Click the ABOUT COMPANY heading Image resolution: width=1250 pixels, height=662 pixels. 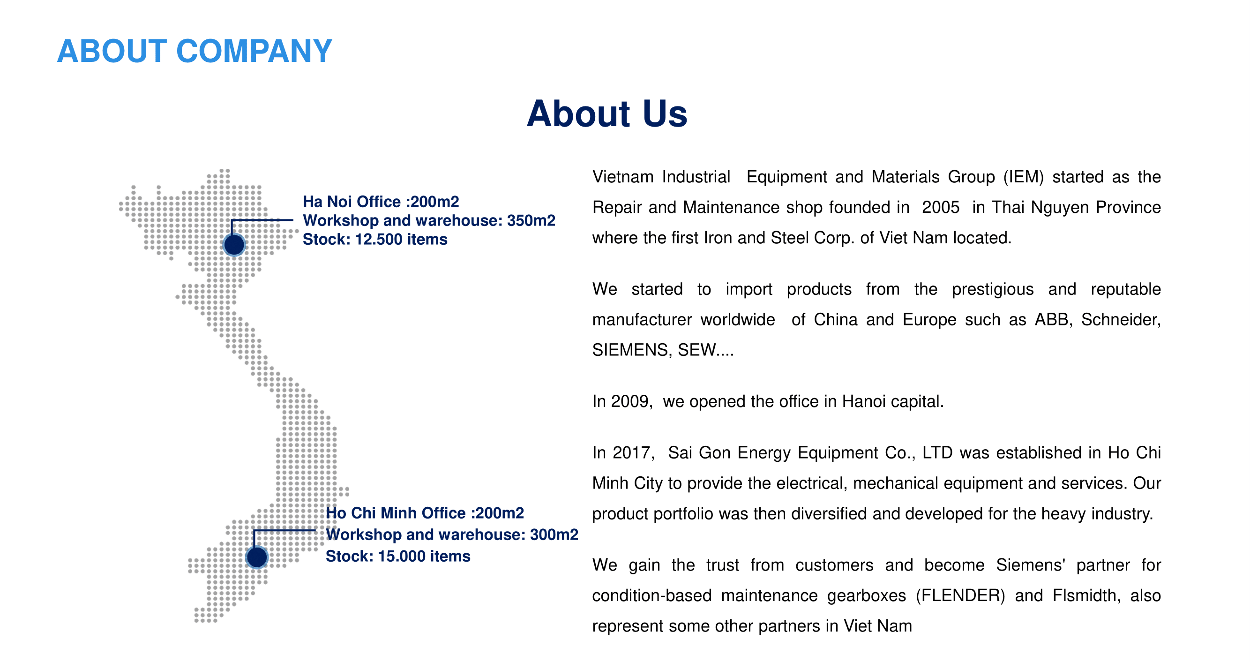tap(194, 51)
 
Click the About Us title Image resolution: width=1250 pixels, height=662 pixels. tap(606, 113)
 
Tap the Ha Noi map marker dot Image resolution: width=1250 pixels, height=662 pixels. tap(234, 245)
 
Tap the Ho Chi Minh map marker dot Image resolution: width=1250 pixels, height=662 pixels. tap(257, 557)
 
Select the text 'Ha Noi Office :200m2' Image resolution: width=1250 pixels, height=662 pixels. tap(381, 202)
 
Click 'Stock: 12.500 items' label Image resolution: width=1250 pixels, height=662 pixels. tap(374, 239)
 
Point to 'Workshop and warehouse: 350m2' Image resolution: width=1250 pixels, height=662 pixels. tap(429, 220)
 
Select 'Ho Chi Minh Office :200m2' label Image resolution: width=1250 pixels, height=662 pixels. tap(425, 513)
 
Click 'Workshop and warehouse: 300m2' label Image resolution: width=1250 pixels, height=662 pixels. tap(452, 534)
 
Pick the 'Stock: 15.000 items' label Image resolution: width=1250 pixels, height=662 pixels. tap(398, 556)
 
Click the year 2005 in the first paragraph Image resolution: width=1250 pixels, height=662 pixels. tap(940, 207)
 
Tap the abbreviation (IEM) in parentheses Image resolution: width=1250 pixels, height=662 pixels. tap(1024, 177)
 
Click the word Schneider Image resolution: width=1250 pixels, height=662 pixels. tap(1121, 319)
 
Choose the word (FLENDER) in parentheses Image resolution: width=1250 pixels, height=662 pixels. tap(960, 595)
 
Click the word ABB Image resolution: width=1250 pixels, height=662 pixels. tap(1052, 319)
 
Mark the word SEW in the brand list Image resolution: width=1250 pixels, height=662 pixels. tap(697, 350)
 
